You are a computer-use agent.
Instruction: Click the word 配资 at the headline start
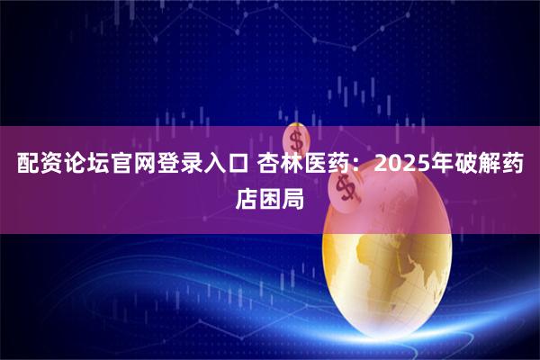(34, 165)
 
